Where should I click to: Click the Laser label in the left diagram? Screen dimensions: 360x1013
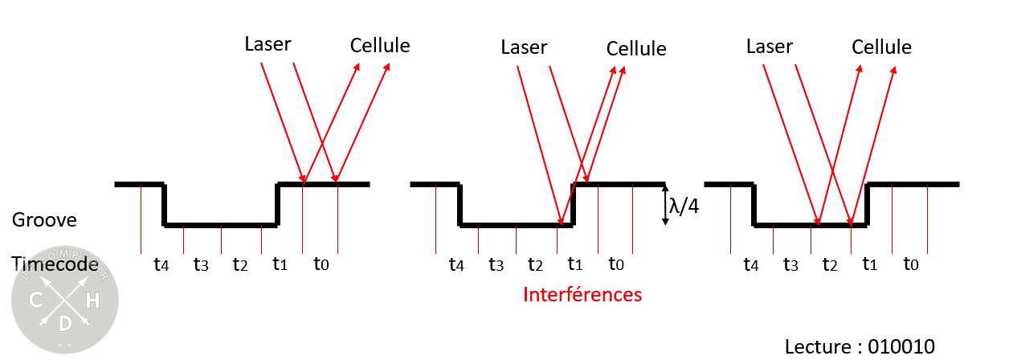tap(268, 43)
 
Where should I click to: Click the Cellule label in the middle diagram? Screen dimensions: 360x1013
tap(636, 48)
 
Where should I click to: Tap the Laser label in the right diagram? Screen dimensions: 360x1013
tap(770, 47)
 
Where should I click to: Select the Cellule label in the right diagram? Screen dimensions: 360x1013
tap(882, 47)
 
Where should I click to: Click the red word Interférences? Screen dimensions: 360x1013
tap(582, 295)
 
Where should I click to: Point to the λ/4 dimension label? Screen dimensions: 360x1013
tap(684, 206)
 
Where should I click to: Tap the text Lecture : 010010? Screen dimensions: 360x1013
tap(860, 346)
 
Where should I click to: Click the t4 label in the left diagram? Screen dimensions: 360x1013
tap(161, 264)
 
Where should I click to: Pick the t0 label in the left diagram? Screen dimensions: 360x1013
tap(321, 264)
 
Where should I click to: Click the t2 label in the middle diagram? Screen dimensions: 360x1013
tap(536, 264)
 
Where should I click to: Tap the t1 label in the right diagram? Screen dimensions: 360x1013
tap(870, 264)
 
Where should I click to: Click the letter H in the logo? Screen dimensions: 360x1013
tap(93, 301)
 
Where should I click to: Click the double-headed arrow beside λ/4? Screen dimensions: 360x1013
tap(664, 206)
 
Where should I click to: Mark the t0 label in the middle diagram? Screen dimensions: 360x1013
tap(616, 264)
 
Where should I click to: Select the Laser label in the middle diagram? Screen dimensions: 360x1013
tap(524, 47)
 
